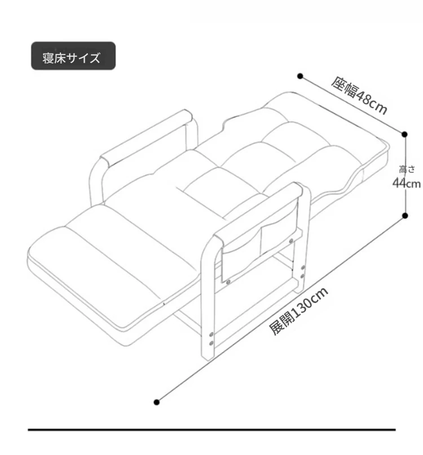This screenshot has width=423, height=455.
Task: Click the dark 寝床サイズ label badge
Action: click(x=73, y=56)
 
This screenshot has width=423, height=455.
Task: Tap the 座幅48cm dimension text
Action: click(x=359, y=96)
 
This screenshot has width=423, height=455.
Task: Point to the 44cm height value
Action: click(x=407, y=184)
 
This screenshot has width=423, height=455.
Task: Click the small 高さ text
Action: click(x=407, y=169)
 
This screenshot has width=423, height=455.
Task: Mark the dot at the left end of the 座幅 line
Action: click(x=300, y=77)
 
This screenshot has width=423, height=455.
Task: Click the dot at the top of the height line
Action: click(x=404, y=135)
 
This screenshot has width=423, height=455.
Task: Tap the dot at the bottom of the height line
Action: click(x=405, y=216)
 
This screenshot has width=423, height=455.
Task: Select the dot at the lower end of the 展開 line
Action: click(x=157, y=402)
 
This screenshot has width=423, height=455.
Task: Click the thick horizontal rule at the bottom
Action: click(x=211, y=430)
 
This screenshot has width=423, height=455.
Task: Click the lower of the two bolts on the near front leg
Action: click(x=211, y=344)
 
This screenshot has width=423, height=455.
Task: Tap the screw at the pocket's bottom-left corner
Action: click(x=229, y=281)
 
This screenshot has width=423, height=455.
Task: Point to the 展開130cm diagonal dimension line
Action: click(x=280, y=309)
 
